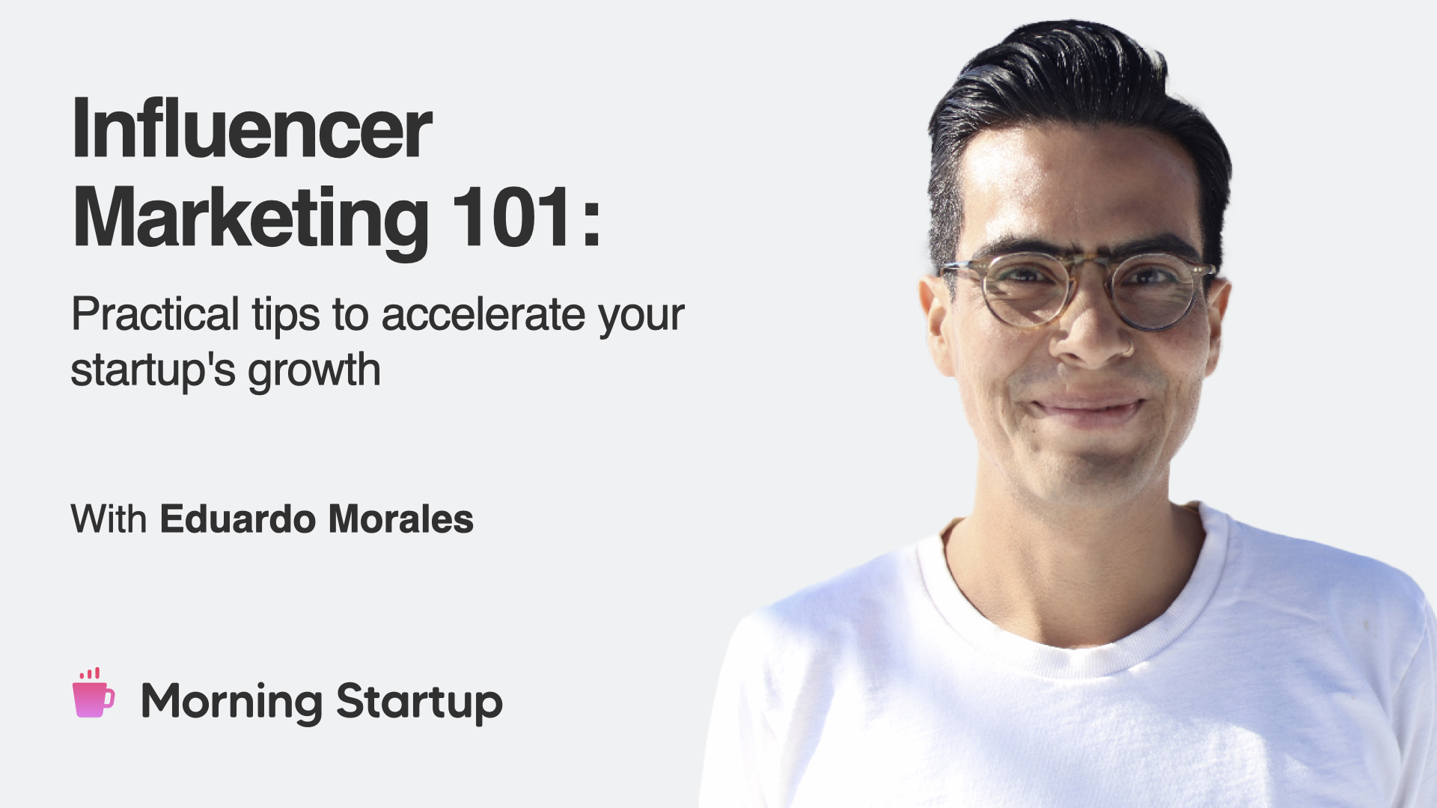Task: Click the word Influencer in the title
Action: point(252,128)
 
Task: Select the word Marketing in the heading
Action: point(251,218)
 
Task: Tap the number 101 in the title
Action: point(512,216)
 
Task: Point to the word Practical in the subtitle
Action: point(155,313)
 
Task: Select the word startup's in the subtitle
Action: point(153,370)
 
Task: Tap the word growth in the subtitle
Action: point(314,370)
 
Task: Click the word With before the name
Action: point(109,518)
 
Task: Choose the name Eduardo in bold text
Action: point(238,518)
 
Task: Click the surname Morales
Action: point(401,518)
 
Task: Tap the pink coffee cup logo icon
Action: point(94,694)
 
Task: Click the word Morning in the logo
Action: point(232,703)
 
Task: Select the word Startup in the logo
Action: point(419,703)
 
